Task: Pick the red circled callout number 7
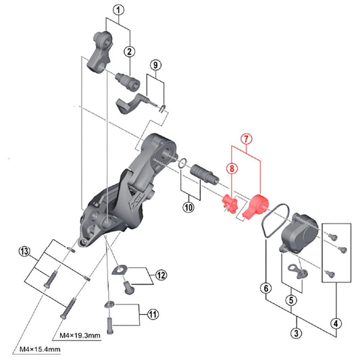[247, 138]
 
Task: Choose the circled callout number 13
[25, 252]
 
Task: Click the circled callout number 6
[266, 289]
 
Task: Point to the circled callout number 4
[336, 322]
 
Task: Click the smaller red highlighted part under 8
[228, 203]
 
